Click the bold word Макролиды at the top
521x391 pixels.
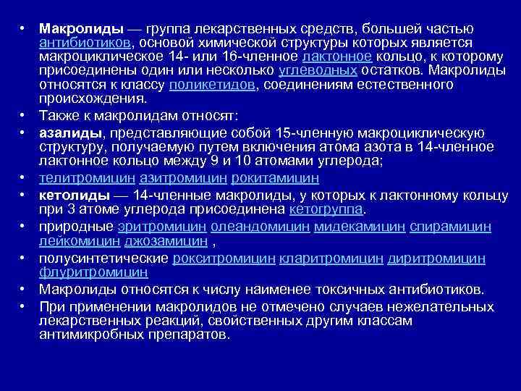tap(82, 29)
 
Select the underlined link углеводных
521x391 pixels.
tap(318, 71)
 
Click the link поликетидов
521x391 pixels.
tap(212, 85)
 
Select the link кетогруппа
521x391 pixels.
tap(326, 210)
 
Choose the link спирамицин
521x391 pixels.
tap(450, 227)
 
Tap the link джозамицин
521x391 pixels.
tap(164, 241)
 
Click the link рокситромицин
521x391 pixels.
tap(224, 258)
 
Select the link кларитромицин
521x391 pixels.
tap(331, 258)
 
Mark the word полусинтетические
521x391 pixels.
tap(104, 258)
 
